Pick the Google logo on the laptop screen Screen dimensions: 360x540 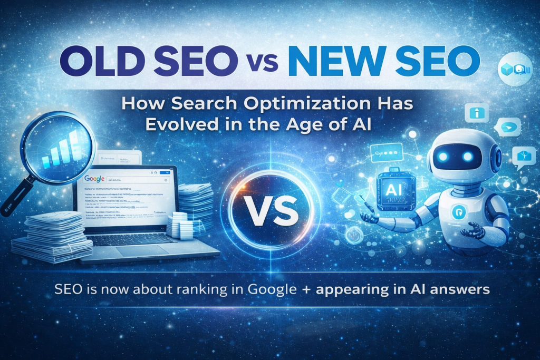(93, 179)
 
